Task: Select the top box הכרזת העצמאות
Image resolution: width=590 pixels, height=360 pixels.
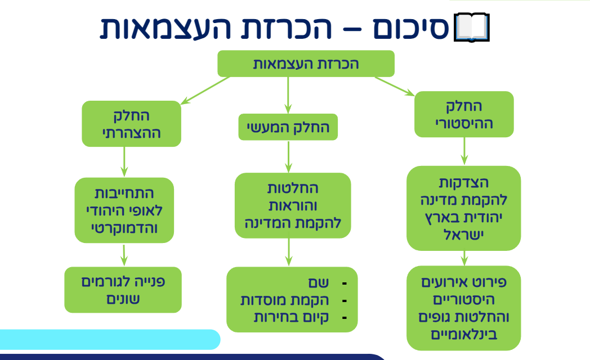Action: (x=306, y=64)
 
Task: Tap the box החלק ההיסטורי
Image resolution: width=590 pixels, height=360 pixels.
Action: (x=464, y=114)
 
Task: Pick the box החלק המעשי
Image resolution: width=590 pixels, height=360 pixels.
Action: (x=288, y=128)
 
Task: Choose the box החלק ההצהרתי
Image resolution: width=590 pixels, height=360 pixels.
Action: (x=131, y=124)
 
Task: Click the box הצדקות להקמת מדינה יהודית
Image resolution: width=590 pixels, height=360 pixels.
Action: (x=464, y=208)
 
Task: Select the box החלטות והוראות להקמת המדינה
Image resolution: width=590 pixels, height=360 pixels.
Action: (x=292, y=205)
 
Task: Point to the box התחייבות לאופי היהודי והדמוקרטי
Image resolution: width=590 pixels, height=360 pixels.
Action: (x=124, y=210)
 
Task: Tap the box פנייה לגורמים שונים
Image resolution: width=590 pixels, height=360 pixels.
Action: (x=123, y=289)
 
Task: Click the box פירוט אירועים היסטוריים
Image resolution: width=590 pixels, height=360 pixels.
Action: (x=464, y=308)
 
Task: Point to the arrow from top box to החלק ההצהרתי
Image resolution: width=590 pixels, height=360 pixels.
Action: (x=205, y=90)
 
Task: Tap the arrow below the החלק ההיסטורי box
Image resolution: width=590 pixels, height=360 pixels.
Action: (x=464, y=151)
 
